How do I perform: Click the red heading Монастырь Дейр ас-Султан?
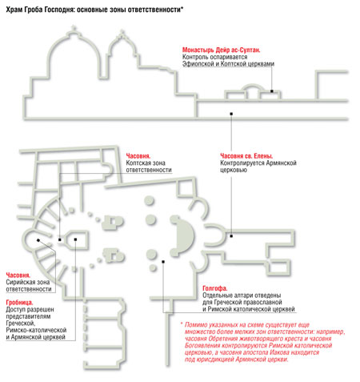coord(221,50)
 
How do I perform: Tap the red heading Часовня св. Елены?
coord(246,156)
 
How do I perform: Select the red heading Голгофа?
coord(215,288)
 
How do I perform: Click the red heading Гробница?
coord(19,303)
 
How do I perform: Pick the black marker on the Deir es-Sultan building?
coord(272,91)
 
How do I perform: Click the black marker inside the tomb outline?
coord(75,239)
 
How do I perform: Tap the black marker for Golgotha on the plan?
coord(163,262)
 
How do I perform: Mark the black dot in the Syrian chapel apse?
coord(38,240)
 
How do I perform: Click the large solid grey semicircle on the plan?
coord(184,235)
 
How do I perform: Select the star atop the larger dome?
coord(73,27)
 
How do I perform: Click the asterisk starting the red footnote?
coord(182,324)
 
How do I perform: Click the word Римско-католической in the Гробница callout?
coord(36,330)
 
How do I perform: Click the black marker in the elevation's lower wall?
coord(231,114)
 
